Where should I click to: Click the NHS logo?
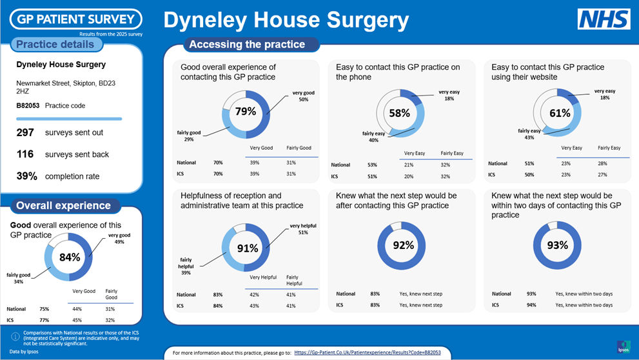604,19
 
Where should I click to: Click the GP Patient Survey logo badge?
75,19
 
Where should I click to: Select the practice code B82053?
28,106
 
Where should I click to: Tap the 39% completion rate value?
28,176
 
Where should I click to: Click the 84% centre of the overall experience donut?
70,257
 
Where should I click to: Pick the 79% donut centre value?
246,111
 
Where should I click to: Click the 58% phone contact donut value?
400,113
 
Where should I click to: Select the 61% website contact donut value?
560,113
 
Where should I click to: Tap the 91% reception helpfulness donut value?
247,248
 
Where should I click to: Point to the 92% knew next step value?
403,245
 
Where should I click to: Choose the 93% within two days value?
558,245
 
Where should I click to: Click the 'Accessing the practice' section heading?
247,45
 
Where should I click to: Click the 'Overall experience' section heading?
63,206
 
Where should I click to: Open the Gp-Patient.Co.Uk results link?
367,353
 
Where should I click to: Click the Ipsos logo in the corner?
624,346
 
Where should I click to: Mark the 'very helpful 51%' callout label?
299,228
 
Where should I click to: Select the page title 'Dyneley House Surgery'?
286,20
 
